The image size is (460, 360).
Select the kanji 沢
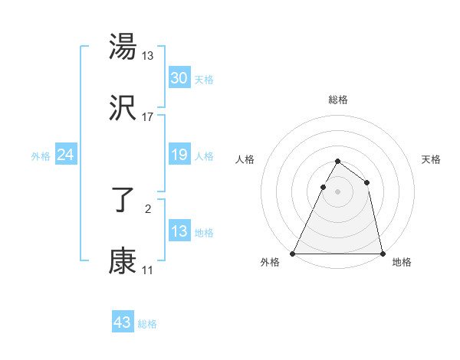coord(123,109)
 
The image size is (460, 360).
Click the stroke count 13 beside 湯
coord(148,55)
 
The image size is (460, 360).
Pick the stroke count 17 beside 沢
coord(148,117)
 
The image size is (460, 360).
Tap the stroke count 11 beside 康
coord(148,270)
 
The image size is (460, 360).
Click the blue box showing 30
coord(179,78)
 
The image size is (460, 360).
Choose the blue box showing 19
coord(179,155)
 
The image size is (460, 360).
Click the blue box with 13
coord(179,231)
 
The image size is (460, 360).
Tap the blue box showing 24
coord(65,155)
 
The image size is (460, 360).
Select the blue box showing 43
coord(122,322)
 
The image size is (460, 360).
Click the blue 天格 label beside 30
coord(204,80)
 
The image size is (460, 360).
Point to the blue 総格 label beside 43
coord(147,324)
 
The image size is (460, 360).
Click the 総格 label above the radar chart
coord(338,100)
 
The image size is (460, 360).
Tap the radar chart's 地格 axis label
coord(402,262)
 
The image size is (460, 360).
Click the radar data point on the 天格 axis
coord(367,182)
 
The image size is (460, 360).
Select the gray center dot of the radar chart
coord(337,191)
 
